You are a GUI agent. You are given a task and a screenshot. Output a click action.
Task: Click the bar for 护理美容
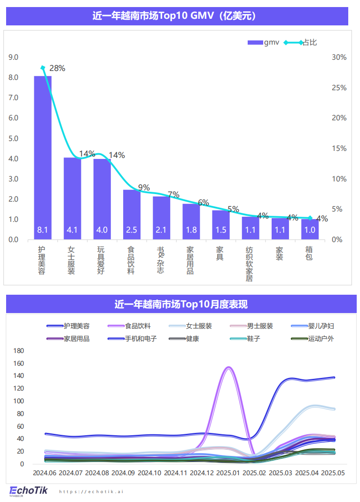(x=43, y=157)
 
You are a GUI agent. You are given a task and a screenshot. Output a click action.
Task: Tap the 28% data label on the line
(x=57, y=68)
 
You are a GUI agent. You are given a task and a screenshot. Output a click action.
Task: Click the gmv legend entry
(x=264, y=43)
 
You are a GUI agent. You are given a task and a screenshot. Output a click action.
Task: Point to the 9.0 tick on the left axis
(x=14, y=57)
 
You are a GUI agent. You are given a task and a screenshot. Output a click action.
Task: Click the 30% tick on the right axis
(x=339, y=57)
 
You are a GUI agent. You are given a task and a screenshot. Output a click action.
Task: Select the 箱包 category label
(x=309, y=254)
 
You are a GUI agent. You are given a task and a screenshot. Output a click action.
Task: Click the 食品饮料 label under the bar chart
(x=131, y=260)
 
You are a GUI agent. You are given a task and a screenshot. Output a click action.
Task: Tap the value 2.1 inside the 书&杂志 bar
(x=161, y=230)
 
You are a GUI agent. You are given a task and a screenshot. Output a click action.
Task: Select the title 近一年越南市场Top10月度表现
(x=181, y=304)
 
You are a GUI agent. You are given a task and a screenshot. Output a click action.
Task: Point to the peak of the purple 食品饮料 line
(x=229, y=368)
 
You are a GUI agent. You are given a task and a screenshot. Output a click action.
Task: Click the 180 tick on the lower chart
(x=19, y=351)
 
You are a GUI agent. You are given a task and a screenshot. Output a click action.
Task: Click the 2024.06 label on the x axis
(x=45, y=473)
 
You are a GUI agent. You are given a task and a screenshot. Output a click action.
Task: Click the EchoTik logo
(x=29, y=491)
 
